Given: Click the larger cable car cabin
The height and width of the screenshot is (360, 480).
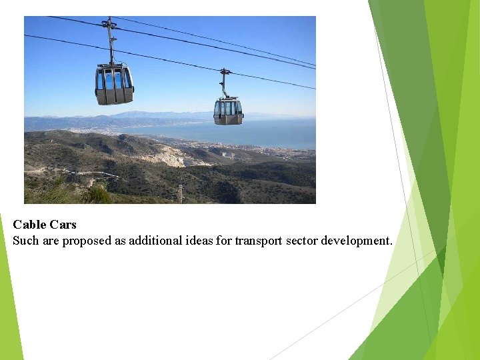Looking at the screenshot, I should [114, 85].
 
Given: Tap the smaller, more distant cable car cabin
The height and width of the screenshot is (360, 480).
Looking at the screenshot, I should [228, 111].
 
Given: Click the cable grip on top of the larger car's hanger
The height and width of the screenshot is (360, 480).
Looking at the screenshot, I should [109, 23].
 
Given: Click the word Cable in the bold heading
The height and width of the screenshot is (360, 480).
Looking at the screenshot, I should [28, 225].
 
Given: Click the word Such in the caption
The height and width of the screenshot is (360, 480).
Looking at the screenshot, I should [26, 241].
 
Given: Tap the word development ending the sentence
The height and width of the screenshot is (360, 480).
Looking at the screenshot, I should [355, 241].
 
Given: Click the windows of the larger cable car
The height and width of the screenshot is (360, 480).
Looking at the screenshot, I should [113, 79].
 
